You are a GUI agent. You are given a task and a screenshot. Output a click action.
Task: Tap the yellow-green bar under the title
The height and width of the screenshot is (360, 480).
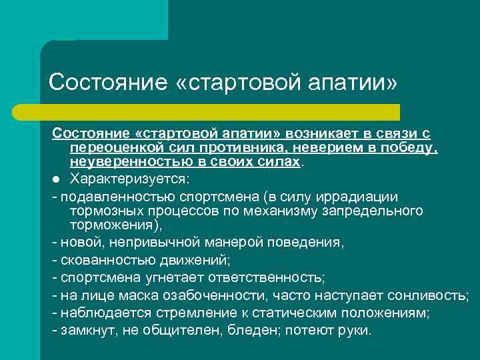[x=220, y=112]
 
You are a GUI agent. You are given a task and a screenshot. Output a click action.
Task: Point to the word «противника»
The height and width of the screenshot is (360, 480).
[x=245, y=147]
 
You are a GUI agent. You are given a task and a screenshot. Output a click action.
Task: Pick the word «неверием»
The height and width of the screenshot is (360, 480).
[x=320, y=147]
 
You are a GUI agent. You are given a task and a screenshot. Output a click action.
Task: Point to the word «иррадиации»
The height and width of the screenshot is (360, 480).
[x=363, y=197]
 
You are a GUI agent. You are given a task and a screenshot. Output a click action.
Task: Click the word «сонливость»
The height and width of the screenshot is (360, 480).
[x=431, y=295]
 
